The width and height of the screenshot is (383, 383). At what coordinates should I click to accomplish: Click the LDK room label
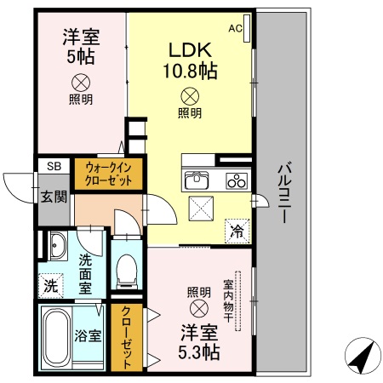coord(191,49)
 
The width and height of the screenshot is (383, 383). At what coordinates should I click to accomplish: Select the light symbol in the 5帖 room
coord(80,82)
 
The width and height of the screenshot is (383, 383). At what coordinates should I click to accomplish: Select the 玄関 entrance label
coord(53,197)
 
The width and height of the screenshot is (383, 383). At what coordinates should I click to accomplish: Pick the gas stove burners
coord(236,180)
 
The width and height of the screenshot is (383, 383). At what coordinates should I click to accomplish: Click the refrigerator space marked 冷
coord(236,230)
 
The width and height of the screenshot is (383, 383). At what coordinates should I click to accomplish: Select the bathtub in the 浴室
coord(60,337)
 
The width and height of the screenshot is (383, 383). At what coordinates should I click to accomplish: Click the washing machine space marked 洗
coord(50,286)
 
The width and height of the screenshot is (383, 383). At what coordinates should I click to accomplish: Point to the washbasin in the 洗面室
coord(58,246)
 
